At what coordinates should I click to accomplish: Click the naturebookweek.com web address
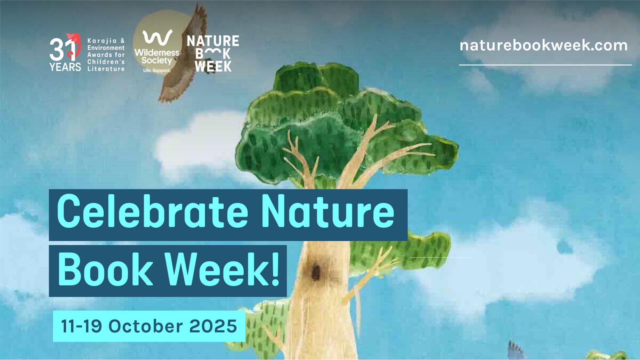point(544,46)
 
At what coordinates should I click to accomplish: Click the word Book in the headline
point(105,270)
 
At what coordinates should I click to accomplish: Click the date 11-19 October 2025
point(149,326)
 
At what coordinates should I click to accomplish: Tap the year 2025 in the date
point(213,326)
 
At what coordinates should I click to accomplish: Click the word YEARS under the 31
point(65,67)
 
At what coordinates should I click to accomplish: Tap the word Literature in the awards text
point(106,69)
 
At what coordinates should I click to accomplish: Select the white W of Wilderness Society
point(158,38)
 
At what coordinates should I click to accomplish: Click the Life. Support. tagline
point(157,70)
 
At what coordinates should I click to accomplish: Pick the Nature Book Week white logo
point(213,54)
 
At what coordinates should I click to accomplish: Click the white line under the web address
point(545,65)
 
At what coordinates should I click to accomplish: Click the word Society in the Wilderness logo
point(156,61)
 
